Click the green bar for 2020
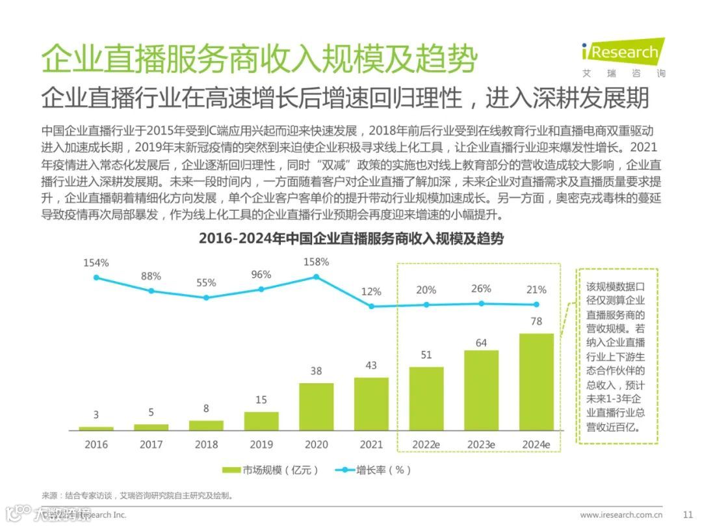[316, 407]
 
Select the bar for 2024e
[536, 382]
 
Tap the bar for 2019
[261, 421]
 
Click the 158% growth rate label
[316, 262]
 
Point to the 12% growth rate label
[371, 291]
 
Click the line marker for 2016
[96, 277]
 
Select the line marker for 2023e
[481, 303]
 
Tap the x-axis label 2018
[206, 445]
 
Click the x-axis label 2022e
[426, 445]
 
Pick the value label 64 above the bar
[481, 342]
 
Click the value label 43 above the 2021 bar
[371, 366]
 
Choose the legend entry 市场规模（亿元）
[270, 470]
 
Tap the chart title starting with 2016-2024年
[351, 239]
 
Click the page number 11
[688, 515]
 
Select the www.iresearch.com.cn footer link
[621, 515]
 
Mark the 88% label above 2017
[151, 277]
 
